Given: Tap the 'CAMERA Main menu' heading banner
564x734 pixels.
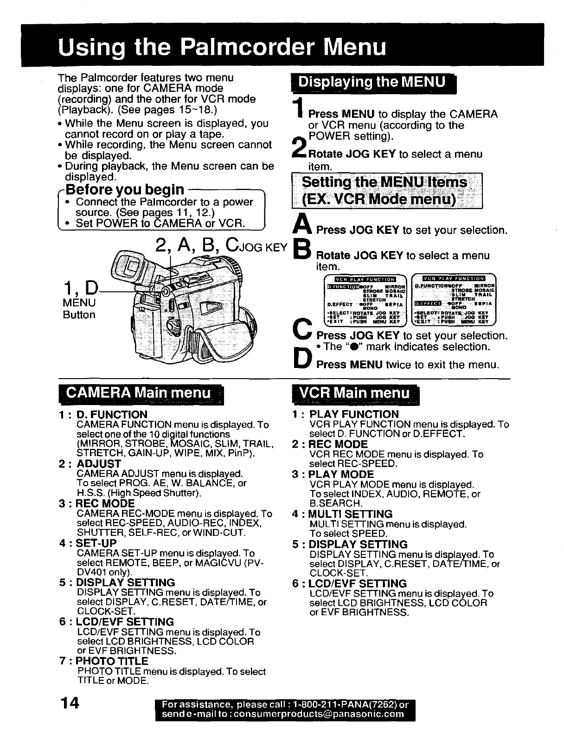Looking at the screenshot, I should (x=139, y=393).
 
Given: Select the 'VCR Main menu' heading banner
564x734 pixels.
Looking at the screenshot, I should (x=356, y=393).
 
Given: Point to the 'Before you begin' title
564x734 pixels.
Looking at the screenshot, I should (x=125, y=189).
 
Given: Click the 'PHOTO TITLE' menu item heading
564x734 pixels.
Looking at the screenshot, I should (x=112, y=661).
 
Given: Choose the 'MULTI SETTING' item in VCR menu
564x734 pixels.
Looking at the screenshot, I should (x=351, y=514).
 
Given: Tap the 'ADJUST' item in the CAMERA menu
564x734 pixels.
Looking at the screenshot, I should (x=98, y=464).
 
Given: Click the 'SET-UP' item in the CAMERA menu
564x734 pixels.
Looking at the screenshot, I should (x=96, y=543).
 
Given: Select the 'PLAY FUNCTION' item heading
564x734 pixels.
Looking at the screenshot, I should (x=353, y=414).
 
